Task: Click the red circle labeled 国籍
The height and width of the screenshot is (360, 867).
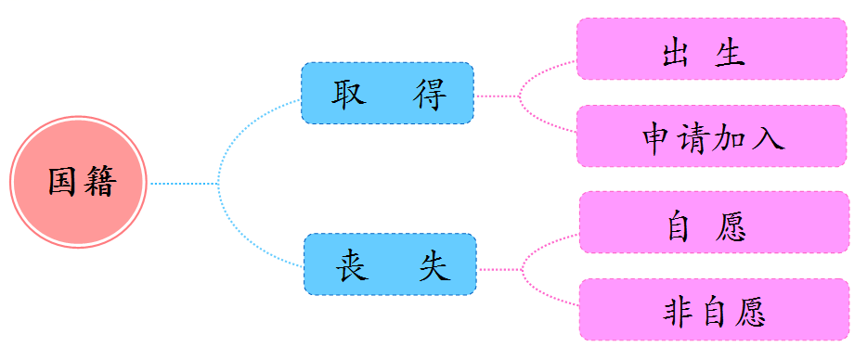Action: tap(79, 182)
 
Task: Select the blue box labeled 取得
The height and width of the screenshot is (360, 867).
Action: tap(387, 94)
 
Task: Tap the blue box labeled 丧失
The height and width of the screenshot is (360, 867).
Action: tap(390, 264)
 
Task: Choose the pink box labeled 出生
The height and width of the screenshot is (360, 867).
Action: tap(711, 49)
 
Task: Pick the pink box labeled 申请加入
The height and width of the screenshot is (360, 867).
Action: tap(711, 136)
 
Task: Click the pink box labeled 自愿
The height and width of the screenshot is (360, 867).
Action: tap(713, 223)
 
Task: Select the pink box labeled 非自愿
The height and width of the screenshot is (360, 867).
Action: tap(713, 310)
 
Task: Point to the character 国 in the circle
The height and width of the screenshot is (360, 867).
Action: tap(62, 182)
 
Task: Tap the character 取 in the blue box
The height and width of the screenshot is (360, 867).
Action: tap(347, 95)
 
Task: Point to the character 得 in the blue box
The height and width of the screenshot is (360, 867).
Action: tap(430, 95)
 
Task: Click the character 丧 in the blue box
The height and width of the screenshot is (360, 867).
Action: tap(351, 265)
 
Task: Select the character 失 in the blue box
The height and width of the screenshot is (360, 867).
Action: tap(433, 265)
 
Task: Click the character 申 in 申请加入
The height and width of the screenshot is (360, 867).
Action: tap(656, 137)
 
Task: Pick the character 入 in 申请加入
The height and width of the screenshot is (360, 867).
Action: tap(769, 137)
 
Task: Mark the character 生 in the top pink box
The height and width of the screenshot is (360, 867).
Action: tap(730, 50)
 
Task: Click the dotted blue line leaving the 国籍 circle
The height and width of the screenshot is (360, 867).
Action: tap(181, 184)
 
